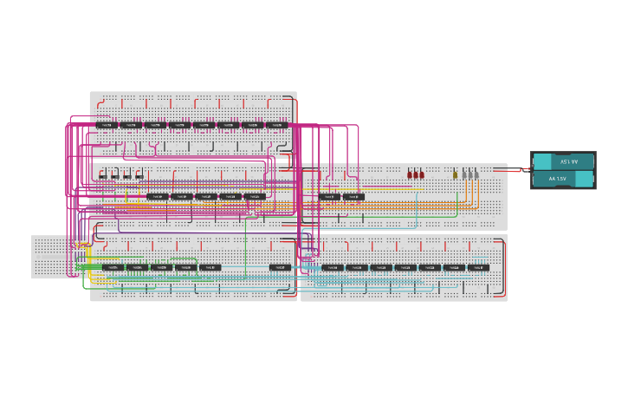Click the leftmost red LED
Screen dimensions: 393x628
pyautogui.click(x=410, y=174)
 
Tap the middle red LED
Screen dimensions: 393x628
pyautogui.click(x=416, y=174)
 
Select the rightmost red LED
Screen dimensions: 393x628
pyautogui.click(x=422, y=174)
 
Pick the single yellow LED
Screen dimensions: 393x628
pyautogui.click(x=455, y=174)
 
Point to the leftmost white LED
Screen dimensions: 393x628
pyautogui.click(x=463, y=174)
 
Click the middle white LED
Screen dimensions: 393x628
pyautogui.click(x=469, y=174)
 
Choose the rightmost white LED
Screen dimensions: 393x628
pyautogui.click(x=476, y=174)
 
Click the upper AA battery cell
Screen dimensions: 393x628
pyautogui.click(x=563, y=162)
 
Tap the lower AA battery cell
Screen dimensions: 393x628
pyautogui.click(x=563, y=179)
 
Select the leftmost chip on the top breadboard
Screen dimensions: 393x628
pyautogui.click(x=107, y=125)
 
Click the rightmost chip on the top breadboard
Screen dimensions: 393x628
pyautogui.click(x=277, y=125)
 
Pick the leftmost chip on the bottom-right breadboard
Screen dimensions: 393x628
pyautogui.click(x=333, y=267)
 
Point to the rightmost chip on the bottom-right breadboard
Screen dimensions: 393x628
pyautogui.click(x=478, y=267)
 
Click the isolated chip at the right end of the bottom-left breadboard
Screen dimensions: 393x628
pyautogui.click(x=280, y=267)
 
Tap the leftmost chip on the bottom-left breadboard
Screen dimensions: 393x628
pyautogui.click(x=113, y=267)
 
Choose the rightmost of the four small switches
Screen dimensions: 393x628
pyautogui.click(x=139, y=175)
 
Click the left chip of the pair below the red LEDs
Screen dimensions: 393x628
pyautogui.click(x=329, y=197)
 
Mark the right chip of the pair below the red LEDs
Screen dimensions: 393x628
pyautogui.click(x=353, y=197)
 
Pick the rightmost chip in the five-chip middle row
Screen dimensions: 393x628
pyautogui.click(x=255, y=197)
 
